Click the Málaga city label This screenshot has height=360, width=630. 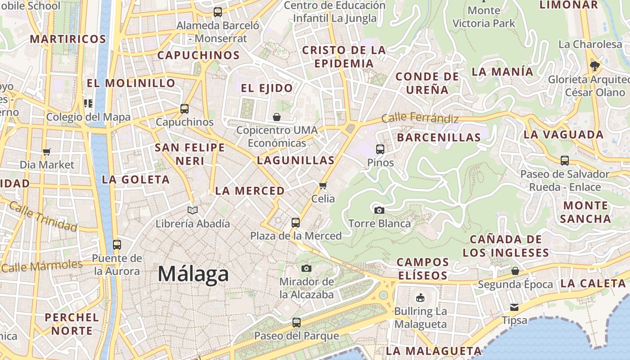pos(193,274)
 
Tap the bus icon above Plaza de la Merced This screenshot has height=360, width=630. pos(296,222)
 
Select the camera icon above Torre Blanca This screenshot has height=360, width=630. pos(379,210)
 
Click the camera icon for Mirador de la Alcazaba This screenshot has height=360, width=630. pos(306,268)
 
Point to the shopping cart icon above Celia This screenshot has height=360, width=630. pos(323,185)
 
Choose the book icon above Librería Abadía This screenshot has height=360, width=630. pos(193,210)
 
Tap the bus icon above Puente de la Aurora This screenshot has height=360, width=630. pos(117,245)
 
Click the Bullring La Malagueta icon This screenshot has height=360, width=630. pos(420,297)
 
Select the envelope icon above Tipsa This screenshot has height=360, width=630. pos(514,307)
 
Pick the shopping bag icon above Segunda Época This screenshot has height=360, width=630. pos(515,271)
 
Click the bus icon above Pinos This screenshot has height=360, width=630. pos(380,149)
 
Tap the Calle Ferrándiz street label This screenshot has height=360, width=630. pos(420,118)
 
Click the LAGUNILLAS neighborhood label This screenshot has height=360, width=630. pos(296,160)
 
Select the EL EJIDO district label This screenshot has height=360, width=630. pos(267,88)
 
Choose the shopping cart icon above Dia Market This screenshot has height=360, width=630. pos(47,152)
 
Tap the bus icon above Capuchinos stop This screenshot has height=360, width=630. pos(184,108)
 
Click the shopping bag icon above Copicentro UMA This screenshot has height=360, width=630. pos(277,117)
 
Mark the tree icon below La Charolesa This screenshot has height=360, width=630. pos(595,66)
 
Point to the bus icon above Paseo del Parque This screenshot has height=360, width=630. pos(297,322)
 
